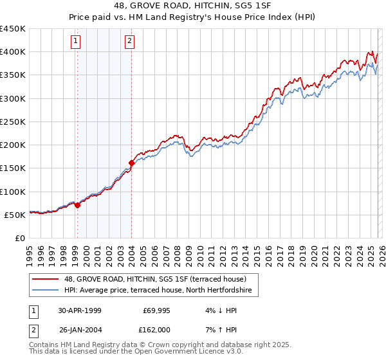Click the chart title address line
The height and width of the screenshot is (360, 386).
193,6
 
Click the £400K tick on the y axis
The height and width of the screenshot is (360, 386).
13,52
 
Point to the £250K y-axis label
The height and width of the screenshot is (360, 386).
13,122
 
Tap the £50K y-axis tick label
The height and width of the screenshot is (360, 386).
15,215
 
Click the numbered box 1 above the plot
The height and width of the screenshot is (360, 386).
77,42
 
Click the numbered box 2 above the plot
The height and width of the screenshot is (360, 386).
130,42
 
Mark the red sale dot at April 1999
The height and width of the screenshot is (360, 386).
78,206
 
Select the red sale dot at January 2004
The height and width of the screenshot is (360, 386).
131,163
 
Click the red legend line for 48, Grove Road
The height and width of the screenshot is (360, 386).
46,279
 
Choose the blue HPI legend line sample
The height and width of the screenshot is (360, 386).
46,291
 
